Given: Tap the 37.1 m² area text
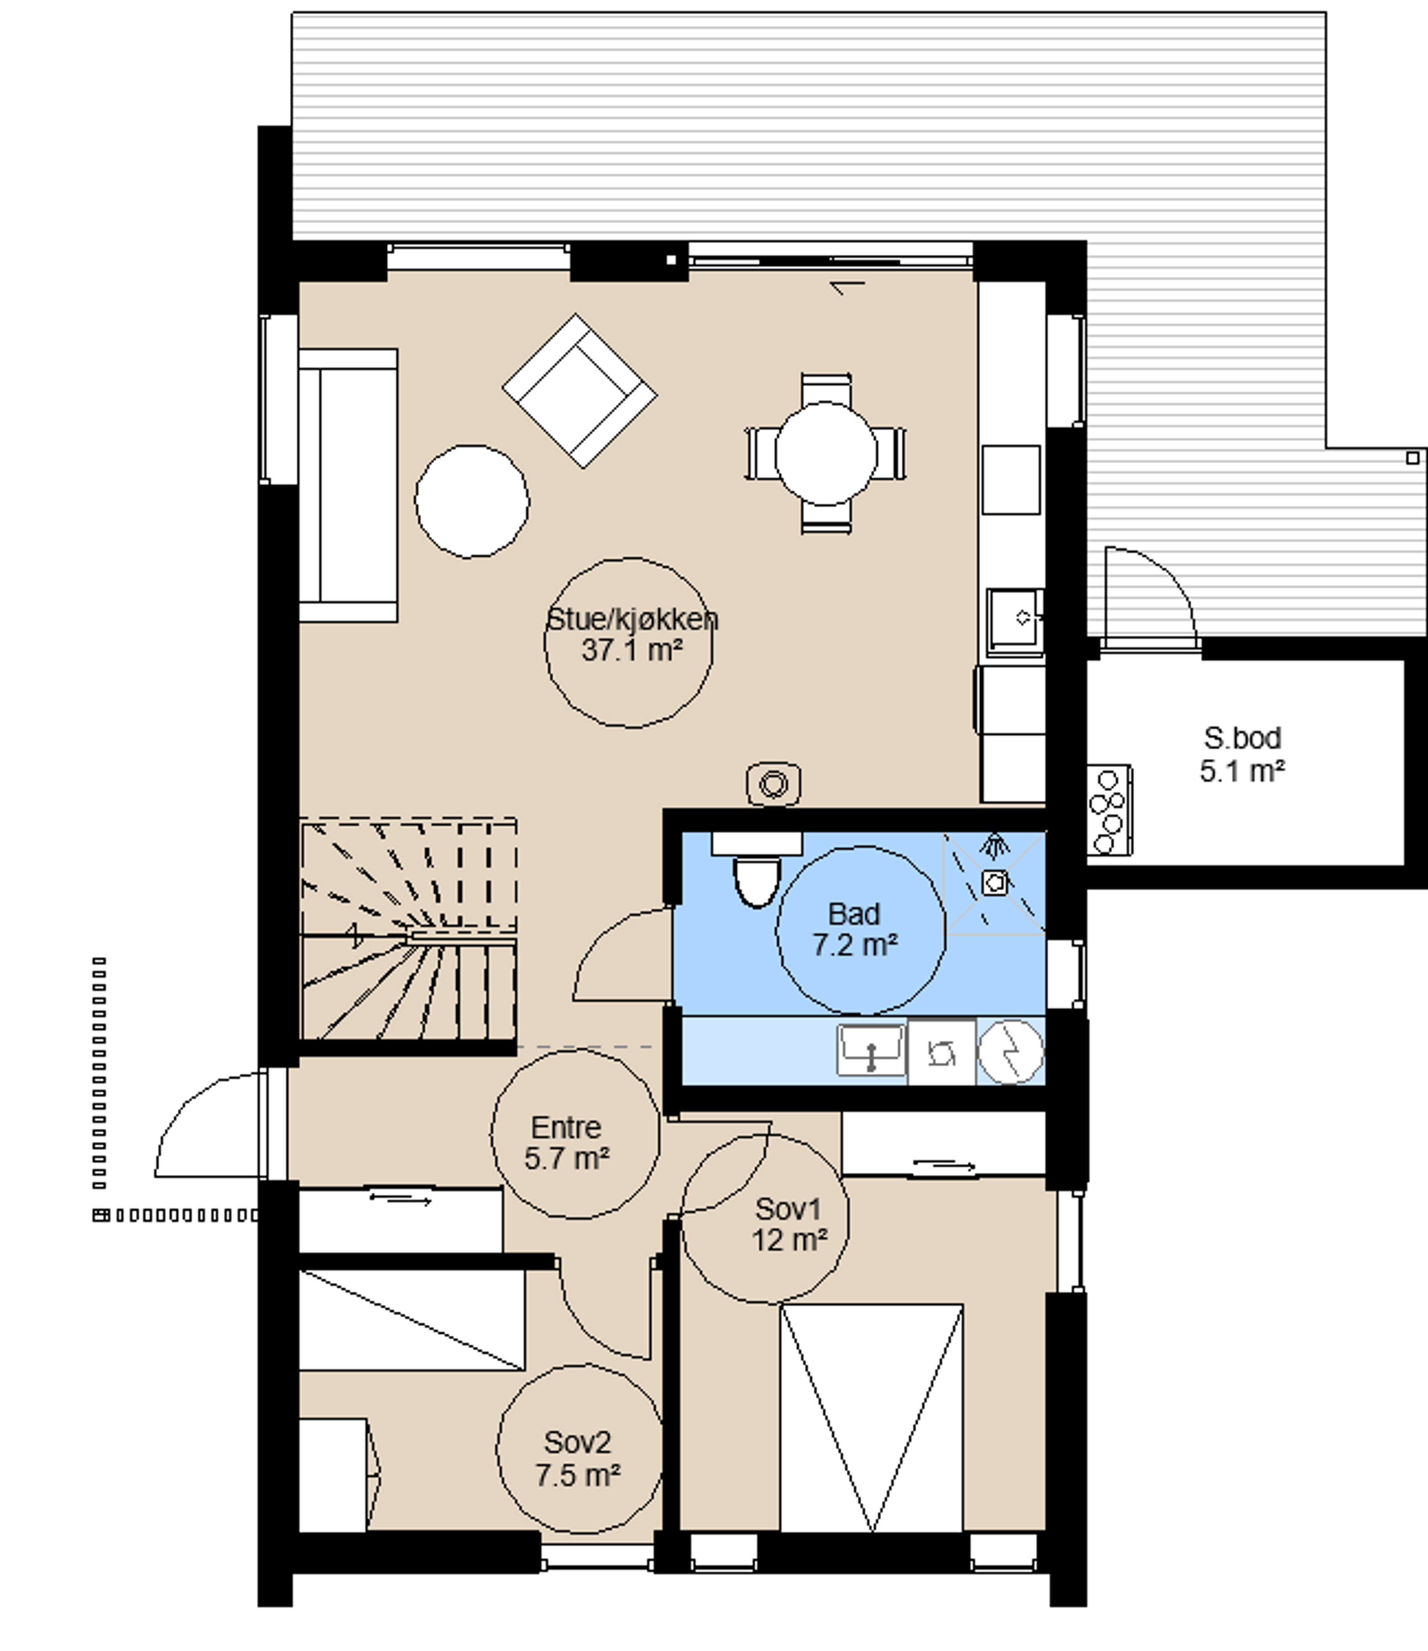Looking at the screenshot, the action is (x=632, y=651).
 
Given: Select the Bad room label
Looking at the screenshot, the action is (x=854, y=914).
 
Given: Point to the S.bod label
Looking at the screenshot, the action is (x=1242, y=738).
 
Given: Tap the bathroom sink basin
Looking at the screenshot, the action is (x=871, y=1050).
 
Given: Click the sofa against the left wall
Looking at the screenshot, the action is (x=348, y=485).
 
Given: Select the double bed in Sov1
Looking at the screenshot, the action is (x=872, y=1417).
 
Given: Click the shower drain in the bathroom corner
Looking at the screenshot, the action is (x=994, y=882).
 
